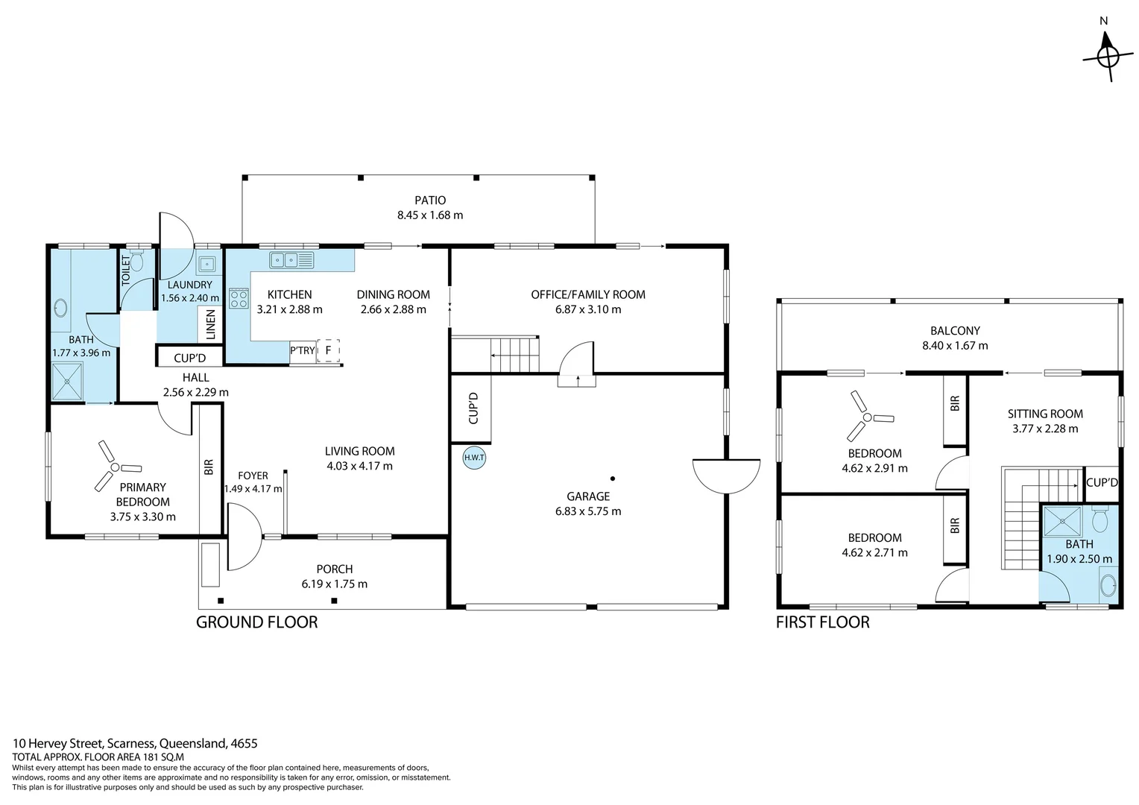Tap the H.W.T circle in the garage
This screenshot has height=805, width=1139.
tap(473, 458)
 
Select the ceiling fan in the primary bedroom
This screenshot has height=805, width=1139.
tap(115, 467)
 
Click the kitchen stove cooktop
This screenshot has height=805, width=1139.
tap(239, 299)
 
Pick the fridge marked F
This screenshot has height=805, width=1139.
tap(328, 350)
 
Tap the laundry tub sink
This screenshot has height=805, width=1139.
tap(206, 264)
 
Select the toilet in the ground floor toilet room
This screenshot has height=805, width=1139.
tap(136, 262)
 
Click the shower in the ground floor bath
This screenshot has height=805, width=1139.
tap(67, 382)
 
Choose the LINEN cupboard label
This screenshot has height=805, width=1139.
tap(210, 325)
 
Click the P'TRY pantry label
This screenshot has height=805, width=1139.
tap(303, 351)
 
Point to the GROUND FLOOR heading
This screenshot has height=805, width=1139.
tap(256, 622)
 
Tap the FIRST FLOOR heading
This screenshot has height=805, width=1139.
tap(822, 622)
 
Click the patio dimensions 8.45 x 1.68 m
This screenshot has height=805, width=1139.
tap(430, 215)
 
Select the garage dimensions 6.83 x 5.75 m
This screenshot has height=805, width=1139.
tap(588, 511)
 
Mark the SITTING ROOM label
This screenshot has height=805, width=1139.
tap(1045, 414)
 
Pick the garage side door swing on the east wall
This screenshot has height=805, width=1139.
tap(725, 476)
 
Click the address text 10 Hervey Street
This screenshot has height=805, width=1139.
tap(59, 743)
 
